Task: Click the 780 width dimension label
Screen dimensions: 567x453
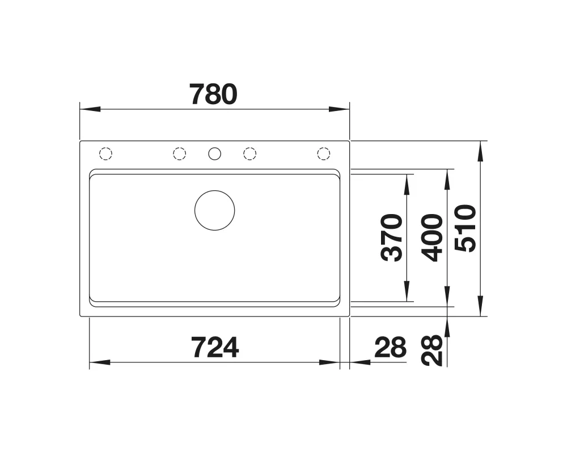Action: point(214,95)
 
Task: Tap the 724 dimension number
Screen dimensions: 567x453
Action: point(215,348)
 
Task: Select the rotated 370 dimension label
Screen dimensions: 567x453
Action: point(392,237)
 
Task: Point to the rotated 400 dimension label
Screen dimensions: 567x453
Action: point(433,237)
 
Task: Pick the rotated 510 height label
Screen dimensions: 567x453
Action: point(466,228)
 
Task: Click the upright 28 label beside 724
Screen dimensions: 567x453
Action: point(391,348)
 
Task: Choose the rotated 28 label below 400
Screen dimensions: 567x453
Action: point(433,351)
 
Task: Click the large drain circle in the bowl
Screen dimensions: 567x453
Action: point(214,191)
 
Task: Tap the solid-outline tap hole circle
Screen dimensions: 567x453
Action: point(214,148)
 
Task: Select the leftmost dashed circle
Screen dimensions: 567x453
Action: point(105,148)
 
